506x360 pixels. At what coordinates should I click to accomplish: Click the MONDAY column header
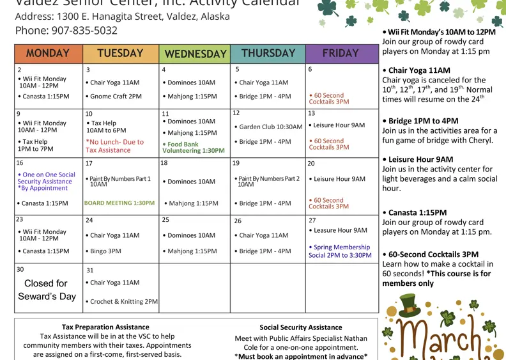tap(49, 54)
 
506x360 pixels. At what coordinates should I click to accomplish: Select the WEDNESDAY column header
tap(195, 54)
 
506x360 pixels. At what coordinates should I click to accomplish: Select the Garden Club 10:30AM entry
tap(268, 127)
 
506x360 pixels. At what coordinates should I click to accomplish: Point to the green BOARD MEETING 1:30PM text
tap(119, 203)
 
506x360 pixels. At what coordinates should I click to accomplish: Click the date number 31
tap(89, 270)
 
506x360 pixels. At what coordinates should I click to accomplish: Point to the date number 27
tap(312, 220)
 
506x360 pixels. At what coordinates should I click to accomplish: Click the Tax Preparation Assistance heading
tap(105, 327)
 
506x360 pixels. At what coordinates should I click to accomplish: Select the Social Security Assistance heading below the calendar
tap(301, 327)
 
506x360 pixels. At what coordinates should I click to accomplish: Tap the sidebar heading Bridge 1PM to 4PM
tap(423, 121)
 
